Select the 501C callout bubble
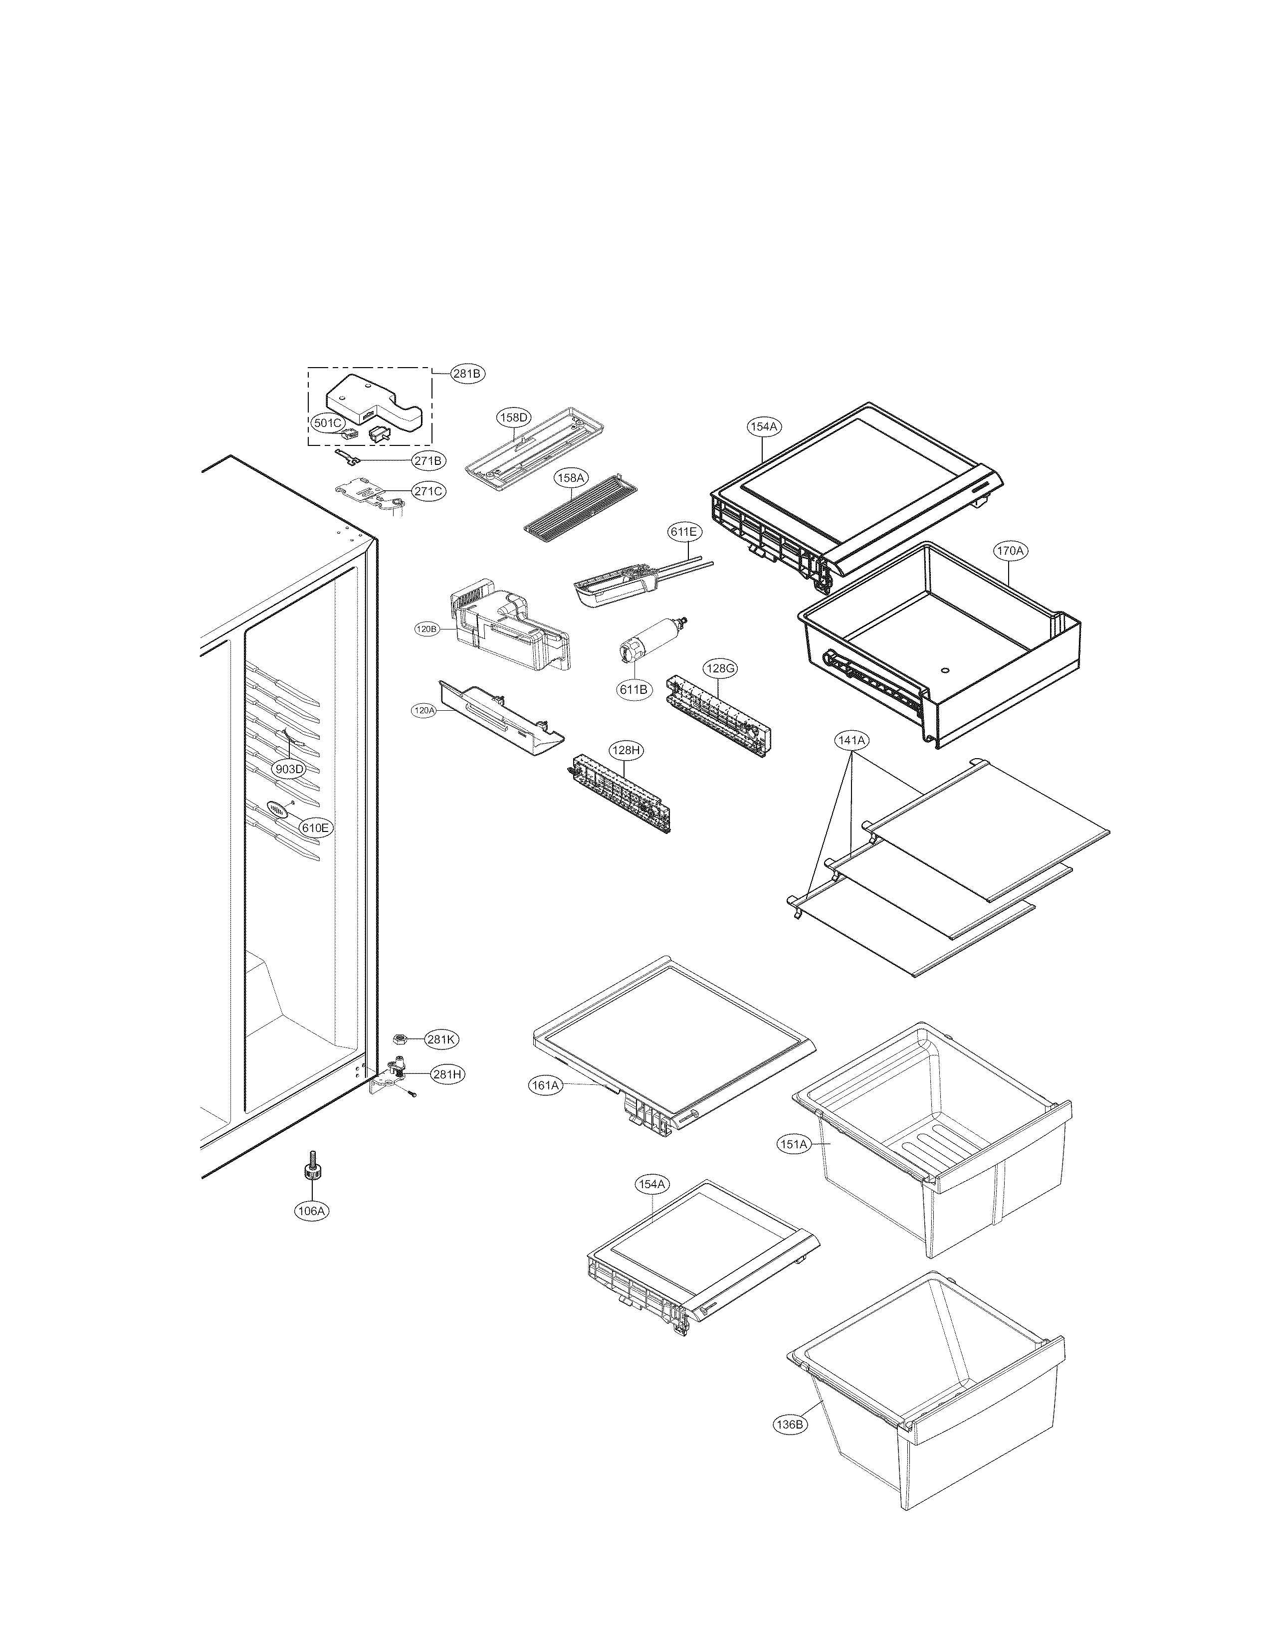pos(328,423)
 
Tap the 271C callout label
pos(428,491)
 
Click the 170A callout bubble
pos(1010,551)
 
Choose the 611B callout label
pos(634,689)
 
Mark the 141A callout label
pos(851,741)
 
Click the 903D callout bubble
pos(289,769)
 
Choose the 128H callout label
pos(627,751)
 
